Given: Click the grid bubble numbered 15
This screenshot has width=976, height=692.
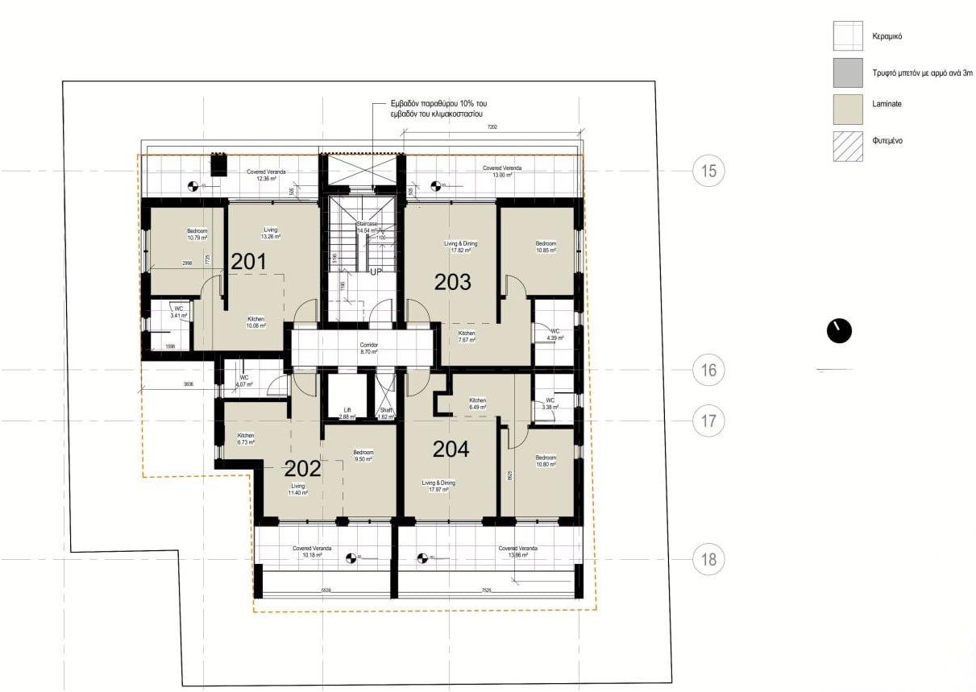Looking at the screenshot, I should coord(708,171).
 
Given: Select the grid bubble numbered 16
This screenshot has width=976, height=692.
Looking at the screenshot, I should coord(708,370).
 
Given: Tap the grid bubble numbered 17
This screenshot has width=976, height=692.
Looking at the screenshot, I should coord(708,421).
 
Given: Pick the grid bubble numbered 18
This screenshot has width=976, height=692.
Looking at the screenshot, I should coord(708,559).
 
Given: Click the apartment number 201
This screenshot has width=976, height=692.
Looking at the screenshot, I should coord(248,261).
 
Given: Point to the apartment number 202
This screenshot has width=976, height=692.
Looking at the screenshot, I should coord(303,468).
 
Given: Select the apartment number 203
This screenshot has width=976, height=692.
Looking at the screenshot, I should coord(452,282).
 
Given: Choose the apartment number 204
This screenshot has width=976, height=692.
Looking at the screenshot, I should coord(451,450).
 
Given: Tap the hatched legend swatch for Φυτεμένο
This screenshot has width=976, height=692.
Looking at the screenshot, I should coord(848,147).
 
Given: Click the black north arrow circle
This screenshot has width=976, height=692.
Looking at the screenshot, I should coord(839,331).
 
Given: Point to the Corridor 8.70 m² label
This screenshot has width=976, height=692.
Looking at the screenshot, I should coord(369,348).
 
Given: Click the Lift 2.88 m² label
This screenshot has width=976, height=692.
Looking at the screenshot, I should coord(347,413).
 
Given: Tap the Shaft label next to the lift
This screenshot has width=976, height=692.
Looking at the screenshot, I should coord(385,413).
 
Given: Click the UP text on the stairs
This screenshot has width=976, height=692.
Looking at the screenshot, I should coord(375,272).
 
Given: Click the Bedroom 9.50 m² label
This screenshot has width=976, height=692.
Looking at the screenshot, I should coord(363,455).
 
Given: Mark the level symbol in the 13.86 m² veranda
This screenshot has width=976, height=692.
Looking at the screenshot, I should coord(422,557).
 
